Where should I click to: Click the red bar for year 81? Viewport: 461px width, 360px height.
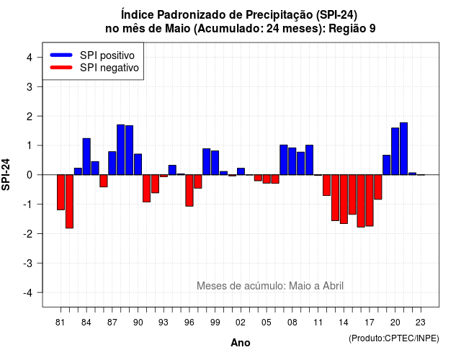coord(61,192)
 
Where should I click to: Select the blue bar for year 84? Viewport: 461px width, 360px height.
coord(86,157)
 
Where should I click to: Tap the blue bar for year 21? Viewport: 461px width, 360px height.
coord(403,149)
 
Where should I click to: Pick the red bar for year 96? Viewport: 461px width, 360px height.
coord(189,190)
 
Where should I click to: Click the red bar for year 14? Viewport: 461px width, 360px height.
coord(344,199)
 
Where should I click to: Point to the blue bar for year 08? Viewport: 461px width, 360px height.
coord(292,161)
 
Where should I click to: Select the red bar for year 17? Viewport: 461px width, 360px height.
coord(370,200)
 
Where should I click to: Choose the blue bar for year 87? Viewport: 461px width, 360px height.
coord(112,163)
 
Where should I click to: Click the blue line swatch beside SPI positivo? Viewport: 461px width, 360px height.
coord(61,55)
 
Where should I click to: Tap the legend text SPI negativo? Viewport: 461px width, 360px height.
coord(109,68)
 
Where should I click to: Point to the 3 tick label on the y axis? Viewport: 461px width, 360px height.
coord(30,86)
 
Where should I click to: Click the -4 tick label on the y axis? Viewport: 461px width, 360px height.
coord(28,292)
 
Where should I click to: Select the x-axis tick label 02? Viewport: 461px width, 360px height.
coord(240,323)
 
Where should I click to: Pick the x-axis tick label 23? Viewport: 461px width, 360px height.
coord(421,323)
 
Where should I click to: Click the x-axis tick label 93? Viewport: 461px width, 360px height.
coord(164,323)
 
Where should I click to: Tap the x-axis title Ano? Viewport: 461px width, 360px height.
coord(241,343)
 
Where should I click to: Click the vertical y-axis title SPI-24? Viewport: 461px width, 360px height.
coord(6,174)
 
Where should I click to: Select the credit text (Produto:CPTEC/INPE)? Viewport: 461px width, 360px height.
coord(394,338)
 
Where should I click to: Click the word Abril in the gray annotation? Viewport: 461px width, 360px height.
coord(333,286)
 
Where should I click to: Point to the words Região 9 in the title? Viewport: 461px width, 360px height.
coord(352,29)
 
